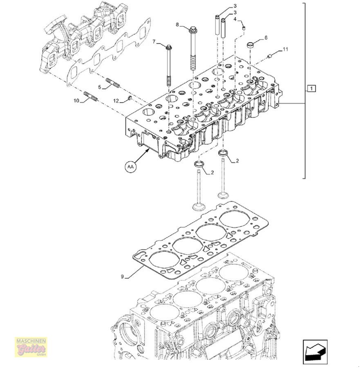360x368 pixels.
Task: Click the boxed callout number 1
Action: [x=311, y=88]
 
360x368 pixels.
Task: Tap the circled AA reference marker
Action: [x=130, y=166]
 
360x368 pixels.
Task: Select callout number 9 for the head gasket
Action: [x=122, y=277]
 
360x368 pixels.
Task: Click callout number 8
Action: [x=177, y=25]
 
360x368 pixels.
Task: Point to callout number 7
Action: [x=154, y=42]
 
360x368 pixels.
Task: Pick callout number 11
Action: [x=285, y=49]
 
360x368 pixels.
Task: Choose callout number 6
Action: [x=266, y=38]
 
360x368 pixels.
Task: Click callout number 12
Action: [x=116, y=101]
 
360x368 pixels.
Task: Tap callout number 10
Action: [x=76, y=100]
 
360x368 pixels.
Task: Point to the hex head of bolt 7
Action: [x=169, y=47]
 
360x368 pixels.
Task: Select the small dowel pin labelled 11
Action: [x=269, y=56]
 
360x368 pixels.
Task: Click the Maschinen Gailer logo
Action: [x=31, y=347]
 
